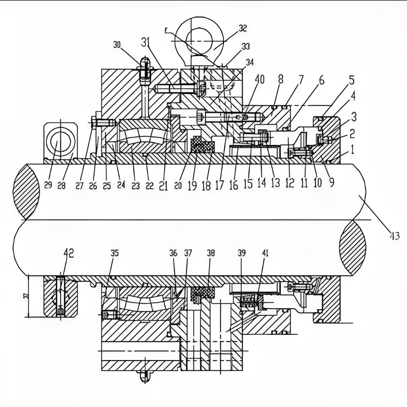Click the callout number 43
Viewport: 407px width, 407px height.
[394, 236]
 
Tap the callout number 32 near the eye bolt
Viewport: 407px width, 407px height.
[243, 28]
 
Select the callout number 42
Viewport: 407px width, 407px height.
[68, 253]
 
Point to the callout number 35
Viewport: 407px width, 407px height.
[114, 253]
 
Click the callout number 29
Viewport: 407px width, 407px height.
[48, 186]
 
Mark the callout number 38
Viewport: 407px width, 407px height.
[210, 253]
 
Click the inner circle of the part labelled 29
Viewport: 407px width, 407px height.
[60, 143]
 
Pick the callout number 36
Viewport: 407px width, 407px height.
[173, 253]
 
